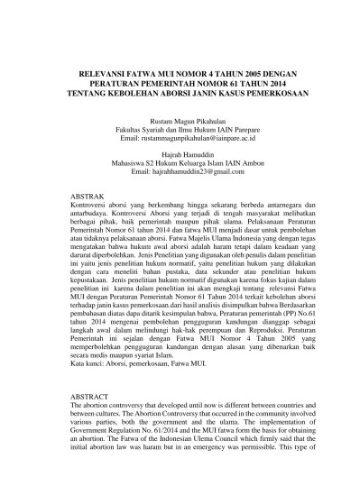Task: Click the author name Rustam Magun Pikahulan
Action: click(x=180, y=120)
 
